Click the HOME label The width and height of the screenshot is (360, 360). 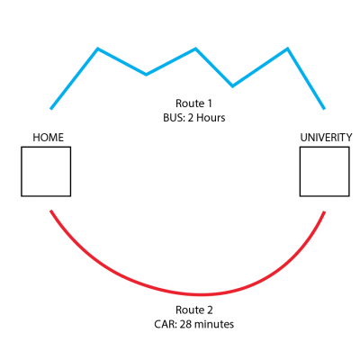click(49, 138)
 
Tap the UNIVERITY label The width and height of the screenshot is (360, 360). click(326, 138)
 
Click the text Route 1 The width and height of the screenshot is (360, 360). click(193, 103)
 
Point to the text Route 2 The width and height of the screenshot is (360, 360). click(194, 310)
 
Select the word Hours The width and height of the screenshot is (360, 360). click(211, 118)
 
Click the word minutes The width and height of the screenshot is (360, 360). click(215, 324)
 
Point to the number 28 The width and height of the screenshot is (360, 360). click(186, 324)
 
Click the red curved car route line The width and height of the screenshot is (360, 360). click(201, 294)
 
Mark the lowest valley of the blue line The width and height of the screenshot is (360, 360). click(232, 86)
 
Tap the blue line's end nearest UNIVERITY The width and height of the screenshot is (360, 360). click(324, 109)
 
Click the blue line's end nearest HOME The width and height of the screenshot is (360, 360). click(51, 109)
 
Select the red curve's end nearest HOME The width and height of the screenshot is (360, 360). click(51, 211)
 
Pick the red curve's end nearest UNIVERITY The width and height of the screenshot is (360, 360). click(324, 212)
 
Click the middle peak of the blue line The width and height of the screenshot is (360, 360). click(195, 49)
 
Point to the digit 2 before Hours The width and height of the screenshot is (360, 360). click(190, 118)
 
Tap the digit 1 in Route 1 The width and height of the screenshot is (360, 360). click(209, 103)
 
